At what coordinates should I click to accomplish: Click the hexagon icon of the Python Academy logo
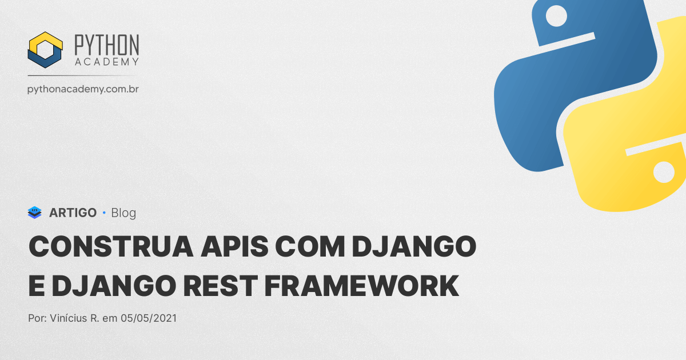click(45, 50)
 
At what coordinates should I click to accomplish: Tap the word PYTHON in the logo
click(106, 45)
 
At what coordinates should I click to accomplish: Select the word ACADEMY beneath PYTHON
click(106, 62)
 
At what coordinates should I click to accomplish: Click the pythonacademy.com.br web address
click(83, 89)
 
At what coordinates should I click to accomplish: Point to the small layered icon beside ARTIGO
click(35, 213)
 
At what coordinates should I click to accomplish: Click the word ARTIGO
click(73, 213)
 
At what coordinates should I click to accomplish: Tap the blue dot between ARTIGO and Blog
click(104, 213)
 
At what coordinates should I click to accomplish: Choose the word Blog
click(123, 213)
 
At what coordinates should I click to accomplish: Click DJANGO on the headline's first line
click(413, 247)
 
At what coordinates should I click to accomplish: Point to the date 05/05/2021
click(149, 318)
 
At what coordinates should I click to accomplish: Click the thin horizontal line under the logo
click(83, 75)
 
